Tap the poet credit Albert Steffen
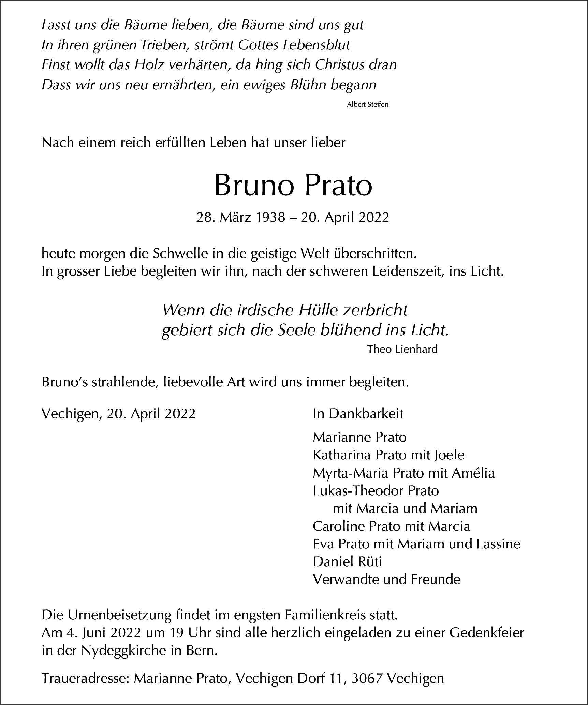pyautogui.click(x=367, y=105)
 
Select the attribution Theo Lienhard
pyautogui.click(x=402, y=349)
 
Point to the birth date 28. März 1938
pyautogui.click(x=240, y=218)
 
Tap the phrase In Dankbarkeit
pyautogui.click(x=358, y=414)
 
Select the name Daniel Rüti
pyautogui.click(x=347, y=562)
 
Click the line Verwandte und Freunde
pyautogui.click(x=386, y=579)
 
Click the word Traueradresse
pyautogui.click(x=85, y=679)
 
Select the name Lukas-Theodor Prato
pyautogui.click(x=376, y=491)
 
